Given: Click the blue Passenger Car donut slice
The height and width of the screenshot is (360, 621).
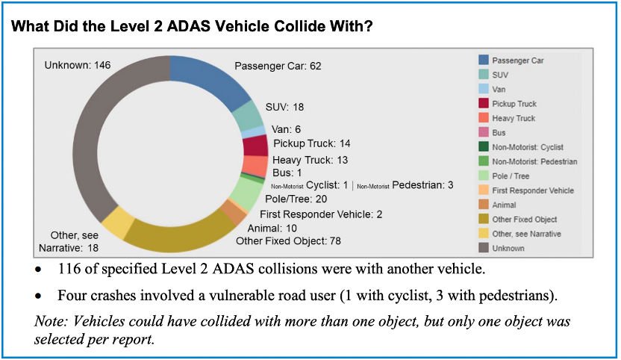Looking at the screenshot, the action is [214, 79].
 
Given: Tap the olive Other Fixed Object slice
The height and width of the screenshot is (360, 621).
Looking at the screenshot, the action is [178, 234].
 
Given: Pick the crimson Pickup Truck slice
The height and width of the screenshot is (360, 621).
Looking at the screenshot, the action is [255, 146].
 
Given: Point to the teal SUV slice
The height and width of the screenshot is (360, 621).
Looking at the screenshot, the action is [249, 116].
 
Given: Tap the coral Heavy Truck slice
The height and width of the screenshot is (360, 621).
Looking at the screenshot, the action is [255, 166].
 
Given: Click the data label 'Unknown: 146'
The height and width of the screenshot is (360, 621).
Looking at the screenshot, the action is [78, 65].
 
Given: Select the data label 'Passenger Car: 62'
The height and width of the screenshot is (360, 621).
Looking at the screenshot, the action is [278, 66].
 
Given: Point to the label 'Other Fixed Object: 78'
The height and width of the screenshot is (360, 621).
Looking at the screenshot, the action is [288, 241].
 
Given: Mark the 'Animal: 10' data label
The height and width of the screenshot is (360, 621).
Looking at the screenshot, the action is [272, 229].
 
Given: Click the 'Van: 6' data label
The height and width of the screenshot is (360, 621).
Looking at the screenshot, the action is [287, 129].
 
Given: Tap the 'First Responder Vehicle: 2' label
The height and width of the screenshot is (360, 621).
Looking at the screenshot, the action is [321, 214].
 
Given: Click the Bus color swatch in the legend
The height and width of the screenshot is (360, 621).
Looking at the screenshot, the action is [484, 132].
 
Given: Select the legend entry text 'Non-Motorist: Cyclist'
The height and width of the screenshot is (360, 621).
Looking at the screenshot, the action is [528, 147].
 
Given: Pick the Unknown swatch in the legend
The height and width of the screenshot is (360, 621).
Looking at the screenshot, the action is [484, 248].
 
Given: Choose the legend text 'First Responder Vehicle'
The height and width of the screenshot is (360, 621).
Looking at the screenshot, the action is [533, 190].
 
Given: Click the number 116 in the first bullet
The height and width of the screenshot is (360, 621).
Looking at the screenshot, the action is [69, 269].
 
